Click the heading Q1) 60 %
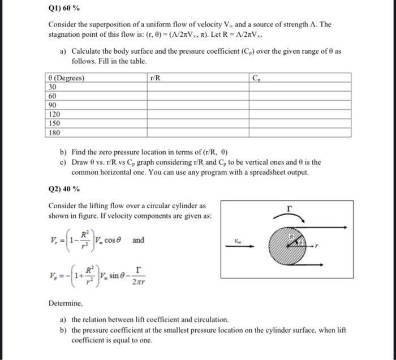pos(64,8)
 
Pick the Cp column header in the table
pos(256,78)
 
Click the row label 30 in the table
pos(53,87)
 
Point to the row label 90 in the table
pos(53,105)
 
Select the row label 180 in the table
pos(54,133)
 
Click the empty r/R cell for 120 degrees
pos(197,114)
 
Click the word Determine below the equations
pos(67,305)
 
